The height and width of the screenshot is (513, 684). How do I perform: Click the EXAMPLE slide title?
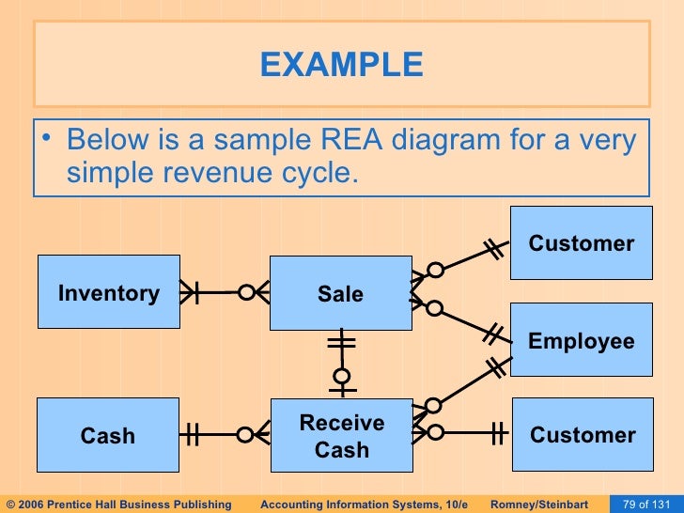tap(341, 65)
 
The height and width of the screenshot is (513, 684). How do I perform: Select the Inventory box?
tap(108, 293)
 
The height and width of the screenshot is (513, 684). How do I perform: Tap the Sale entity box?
tap(340, 293)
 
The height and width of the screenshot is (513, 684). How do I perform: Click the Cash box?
tap(108, 435)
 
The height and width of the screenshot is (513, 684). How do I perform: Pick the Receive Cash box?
tap(341, 435)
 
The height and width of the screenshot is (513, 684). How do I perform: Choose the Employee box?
tap(581, 341)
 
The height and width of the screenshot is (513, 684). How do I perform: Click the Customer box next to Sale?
tap(581, 243)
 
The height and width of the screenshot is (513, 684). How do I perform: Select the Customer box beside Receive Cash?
tap(582, 435)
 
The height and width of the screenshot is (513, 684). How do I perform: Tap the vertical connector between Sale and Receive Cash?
tap(342, 363)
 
